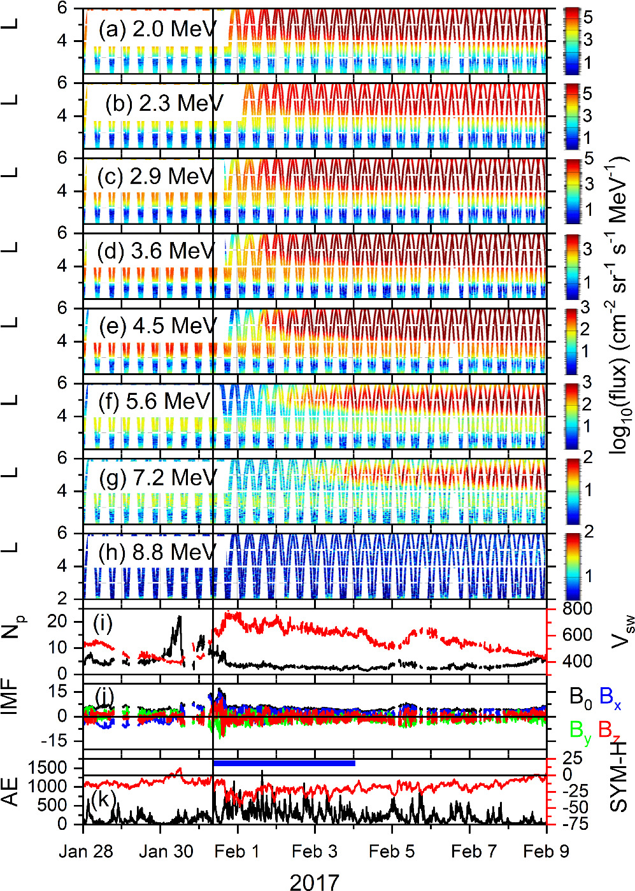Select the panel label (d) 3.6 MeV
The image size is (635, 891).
pyautogui.click(x=157, y=251)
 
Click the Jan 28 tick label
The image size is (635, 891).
pyautogui.click(x=86, y=852)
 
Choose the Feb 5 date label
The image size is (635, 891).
pyautogui.click(x=391, y=852)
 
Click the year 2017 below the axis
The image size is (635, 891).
pyautogui.click(x=314, y=881)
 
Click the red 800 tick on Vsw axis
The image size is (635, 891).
pyautogui.click(x=577, y=609)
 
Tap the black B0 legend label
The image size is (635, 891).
pyautogui.click(x=580, y=699)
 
